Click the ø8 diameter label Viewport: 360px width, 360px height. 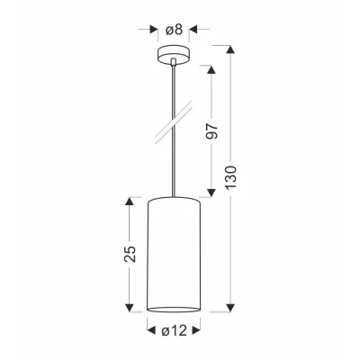coord(174,30)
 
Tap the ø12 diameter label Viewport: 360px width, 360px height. coord(174,330)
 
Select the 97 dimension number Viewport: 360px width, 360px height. coord(211,130)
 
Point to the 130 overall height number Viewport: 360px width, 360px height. coord(231,177)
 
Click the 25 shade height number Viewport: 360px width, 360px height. coord(130,254)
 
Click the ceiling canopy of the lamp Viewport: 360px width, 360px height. coord(174,54)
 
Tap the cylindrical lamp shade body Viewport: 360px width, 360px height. coord(174,255)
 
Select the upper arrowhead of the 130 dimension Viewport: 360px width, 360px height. coord(230,49)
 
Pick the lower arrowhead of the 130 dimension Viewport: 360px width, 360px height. coord(230,308)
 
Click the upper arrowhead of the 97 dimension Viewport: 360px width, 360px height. coord(211,69)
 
